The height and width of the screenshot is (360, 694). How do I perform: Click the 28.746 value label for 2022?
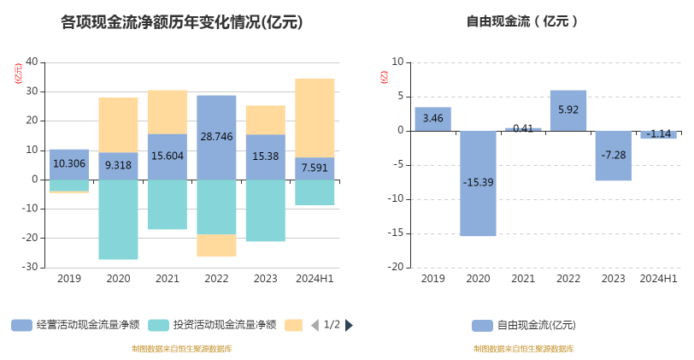216,137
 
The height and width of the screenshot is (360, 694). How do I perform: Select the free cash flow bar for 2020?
478,182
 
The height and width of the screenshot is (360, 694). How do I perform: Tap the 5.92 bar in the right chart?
568,110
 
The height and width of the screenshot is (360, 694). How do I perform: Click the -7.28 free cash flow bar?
614,156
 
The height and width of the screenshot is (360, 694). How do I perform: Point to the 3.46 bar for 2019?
432,119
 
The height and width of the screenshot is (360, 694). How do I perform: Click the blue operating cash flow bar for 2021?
168,156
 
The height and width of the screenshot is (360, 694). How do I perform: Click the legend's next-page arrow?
349,325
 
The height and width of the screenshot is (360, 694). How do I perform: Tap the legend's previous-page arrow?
315,325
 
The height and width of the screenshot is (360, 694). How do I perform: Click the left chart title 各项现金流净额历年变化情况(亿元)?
182,23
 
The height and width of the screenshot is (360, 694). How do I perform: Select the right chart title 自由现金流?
522,22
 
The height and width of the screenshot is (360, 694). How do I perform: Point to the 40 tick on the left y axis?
32,62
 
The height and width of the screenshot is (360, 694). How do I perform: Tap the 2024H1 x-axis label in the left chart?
315,279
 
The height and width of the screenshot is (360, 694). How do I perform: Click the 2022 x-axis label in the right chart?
568,279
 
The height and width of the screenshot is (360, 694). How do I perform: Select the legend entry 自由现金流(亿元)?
524,325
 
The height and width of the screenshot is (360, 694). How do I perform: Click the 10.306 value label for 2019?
69,163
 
